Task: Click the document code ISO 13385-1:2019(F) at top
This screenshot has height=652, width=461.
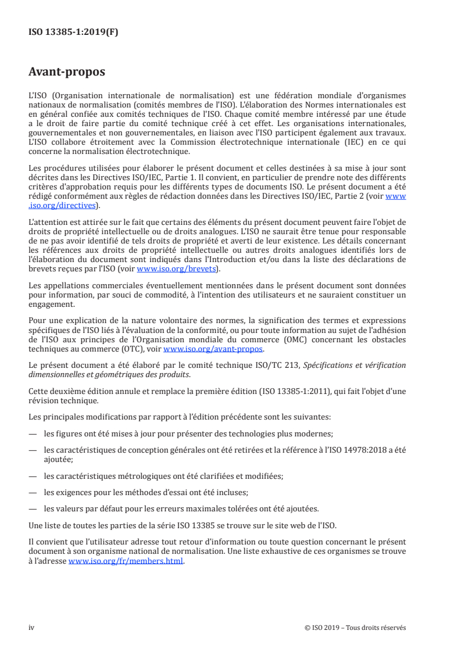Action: tap(73, 33)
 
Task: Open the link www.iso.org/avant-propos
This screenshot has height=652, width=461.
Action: tap(213, 349)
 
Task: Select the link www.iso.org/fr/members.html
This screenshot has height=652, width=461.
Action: tap(126, 561)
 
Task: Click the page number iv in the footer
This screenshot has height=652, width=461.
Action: tap(31, 628)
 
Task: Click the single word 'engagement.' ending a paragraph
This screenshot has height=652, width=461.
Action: tap(51, 303)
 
